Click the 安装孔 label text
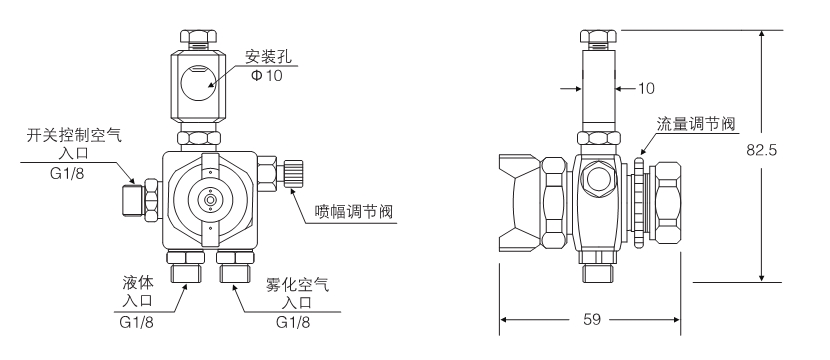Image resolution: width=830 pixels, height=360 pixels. coord(268,56)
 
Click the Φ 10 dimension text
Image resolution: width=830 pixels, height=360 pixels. coord(266,76)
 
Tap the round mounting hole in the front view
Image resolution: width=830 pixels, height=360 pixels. coord(197,83)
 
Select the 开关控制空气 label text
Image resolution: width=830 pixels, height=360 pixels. coord(74,136)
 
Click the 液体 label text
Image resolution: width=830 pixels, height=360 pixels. coord(138,283)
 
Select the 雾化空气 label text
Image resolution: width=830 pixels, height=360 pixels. coord(297,285)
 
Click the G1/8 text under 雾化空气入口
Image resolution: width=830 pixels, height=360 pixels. coord(293,322)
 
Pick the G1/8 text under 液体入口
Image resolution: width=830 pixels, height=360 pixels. coord(137,322)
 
